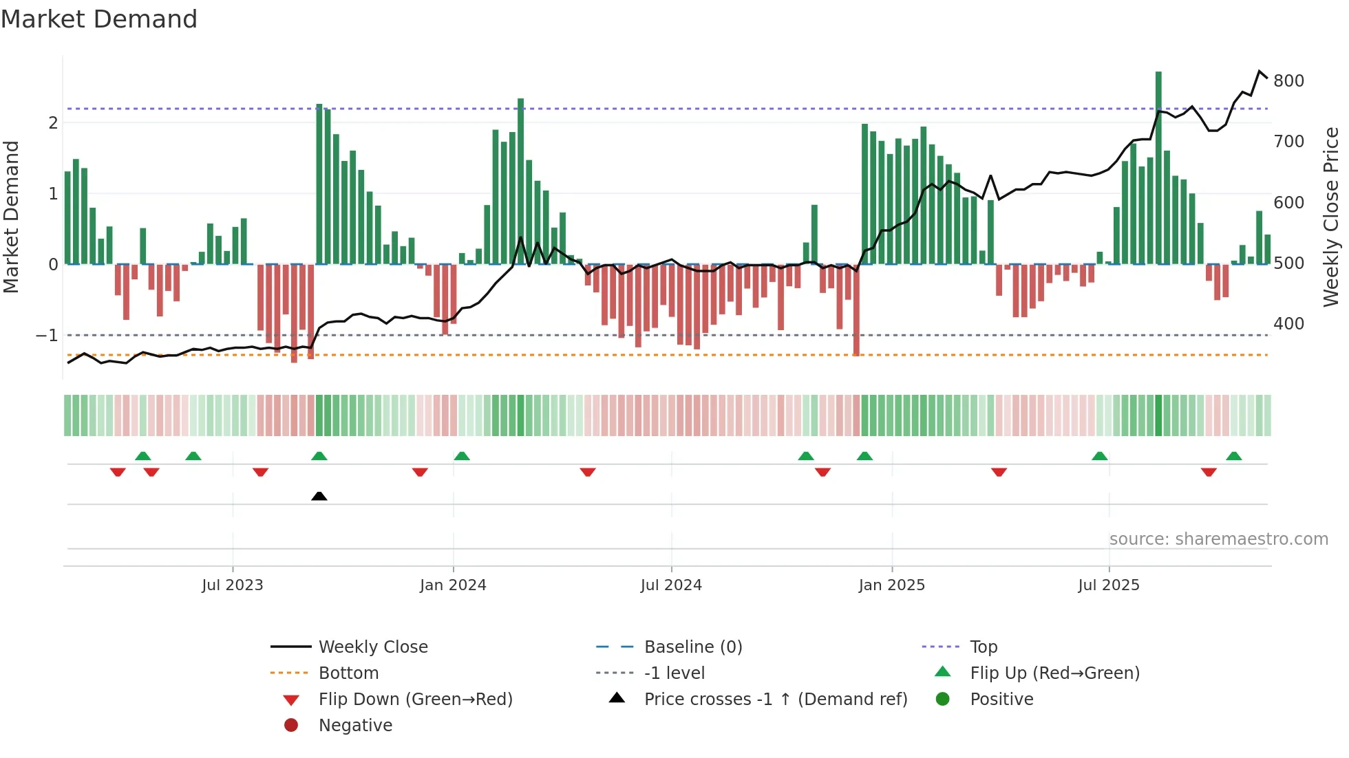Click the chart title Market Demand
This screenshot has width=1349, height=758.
tap(99, 19)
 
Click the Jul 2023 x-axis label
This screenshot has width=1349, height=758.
tap(232, 585)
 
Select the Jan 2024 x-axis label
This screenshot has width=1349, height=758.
tap(453, 585)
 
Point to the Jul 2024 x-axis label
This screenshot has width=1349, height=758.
tap(671, 585)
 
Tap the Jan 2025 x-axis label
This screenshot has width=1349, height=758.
tap(891, 585)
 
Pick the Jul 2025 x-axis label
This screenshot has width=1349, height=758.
tap(1109, 585)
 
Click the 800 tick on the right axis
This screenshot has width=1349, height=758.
tap(1288, 81)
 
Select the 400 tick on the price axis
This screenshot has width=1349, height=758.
tap(1288, 324)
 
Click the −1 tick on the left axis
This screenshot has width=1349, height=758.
tap(47, 336)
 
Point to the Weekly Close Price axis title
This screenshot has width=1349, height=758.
tap(1331, 217)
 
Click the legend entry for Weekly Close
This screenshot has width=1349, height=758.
tap(372, 647)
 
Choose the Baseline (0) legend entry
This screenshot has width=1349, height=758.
tap(692, 647)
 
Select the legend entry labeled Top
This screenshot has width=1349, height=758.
tap(983, 647)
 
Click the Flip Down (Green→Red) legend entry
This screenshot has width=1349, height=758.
tap(415, 700)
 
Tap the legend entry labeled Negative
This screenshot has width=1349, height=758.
tap(355, 726)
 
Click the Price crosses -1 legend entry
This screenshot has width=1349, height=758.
tap(775, 700)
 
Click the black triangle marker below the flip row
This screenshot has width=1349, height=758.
tap(319, 496)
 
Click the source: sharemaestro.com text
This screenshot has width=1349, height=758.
tap(1218, 539)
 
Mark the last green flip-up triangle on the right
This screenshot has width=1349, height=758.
tap(1233, 456)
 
